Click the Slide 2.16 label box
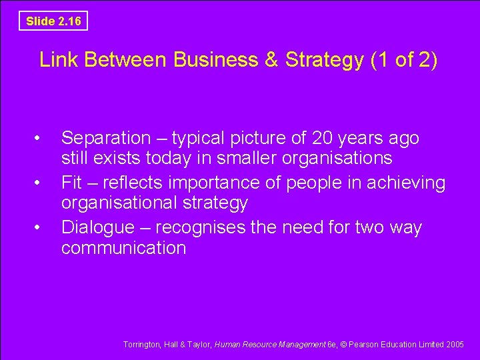click(53, 21)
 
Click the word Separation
click(106, 139)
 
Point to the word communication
click(123, 248)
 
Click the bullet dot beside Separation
click(43, 139)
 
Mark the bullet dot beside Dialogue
click(43, 227)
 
